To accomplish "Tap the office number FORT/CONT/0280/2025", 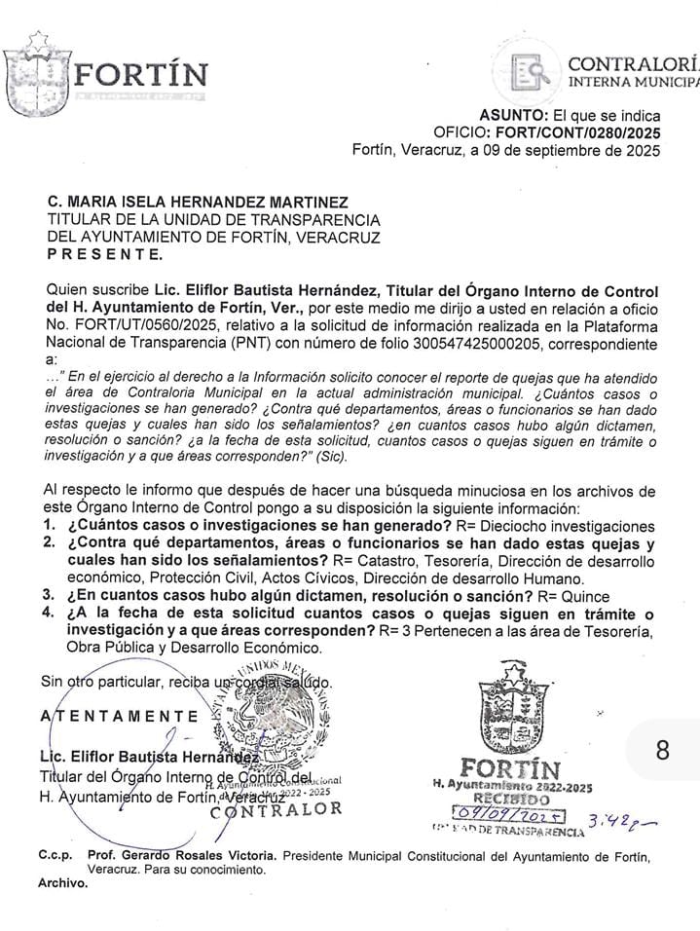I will click(577, 132).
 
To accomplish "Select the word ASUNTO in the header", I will click(517, 115).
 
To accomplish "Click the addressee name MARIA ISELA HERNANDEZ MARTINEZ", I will click(207, 202).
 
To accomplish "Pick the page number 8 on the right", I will click(663, 750).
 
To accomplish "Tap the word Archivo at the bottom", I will click(62, 883).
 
